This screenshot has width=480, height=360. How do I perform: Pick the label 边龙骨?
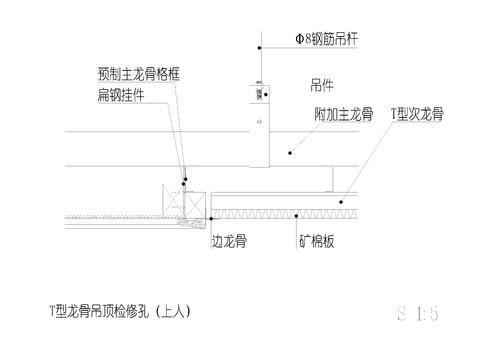[x=230, y=242]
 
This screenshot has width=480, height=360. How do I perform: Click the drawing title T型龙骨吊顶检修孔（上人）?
[x=119, y=312]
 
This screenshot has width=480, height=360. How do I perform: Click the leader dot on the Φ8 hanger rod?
[x=259, y=48]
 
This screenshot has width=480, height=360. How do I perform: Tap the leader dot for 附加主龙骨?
[x=291, y=152]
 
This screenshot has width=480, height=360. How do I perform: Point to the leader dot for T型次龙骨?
[x=342, y=203]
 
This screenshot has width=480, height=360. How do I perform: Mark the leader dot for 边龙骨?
[x=211, y=217]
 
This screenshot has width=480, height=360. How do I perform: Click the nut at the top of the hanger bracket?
[x=259, y=82]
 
